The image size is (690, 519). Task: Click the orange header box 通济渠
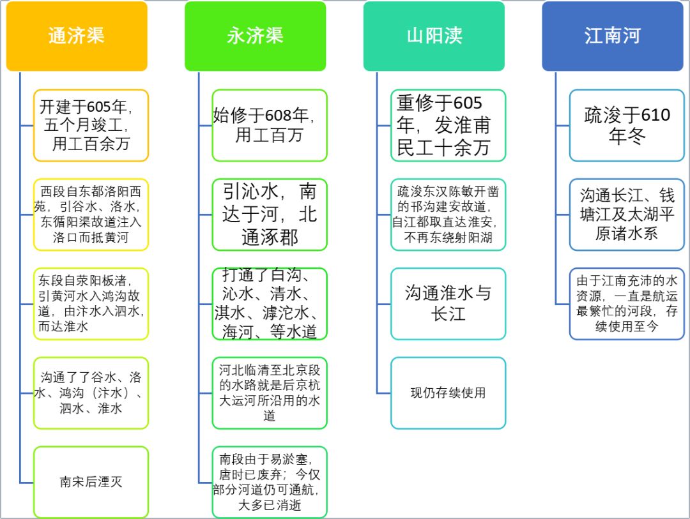(77, 36)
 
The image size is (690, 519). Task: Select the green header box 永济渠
(255, 36)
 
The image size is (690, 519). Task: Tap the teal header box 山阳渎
(434, 36)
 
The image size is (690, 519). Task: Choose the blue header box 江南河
(613, 36)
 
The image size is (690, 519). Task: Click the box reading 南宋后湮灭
(91, 483)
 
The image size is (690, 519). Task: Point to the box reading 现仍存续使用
(448, 393)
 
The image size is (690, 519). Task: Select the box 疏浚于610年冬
(627, 125)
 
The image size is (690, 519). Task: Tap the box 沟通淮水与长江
(448, 304)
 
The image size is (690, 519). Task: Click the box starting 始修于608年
(270, 125)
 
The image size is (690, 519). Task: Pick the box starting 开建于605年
(91, 125)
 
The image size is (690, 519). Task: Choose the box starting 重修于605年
(448, 125)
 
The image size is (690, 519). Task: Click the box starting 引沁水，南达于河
(270, 214)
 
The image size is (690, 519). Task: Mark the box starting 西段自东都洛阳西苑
(91, 214)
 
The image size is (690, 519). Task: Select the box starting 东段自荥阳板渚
(91, 304)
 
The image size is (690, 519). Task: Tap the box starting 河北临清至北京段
(270, 393)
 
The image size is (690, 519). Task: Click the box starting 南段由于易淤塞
(270, 483)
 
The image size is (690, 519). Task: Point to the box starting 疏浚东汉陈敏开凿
(448, 214)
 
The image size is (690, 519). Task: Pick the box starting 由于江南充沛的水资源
(627, 304)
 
